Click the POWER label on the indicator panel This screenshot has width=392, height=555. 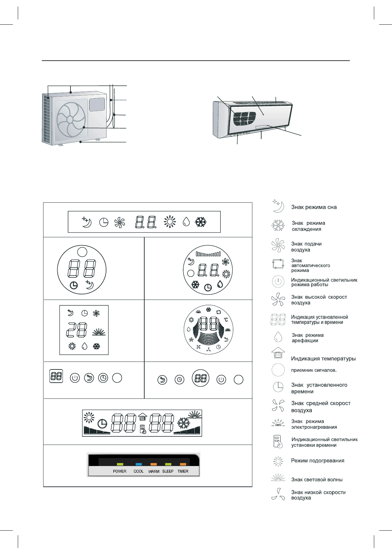(120, 471)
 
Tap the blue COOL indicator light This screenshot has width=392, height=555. (139, 464)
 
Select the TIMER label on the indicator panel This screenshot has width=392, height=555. (183, 471)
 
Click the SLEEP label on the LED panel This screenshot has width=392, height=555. (168, 471)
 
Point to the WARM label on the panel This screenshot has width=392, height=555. (154, 472)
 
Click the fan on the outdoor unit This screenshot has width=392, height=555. (71, 119)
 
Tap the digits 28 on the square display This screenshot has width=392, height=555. (77, 330)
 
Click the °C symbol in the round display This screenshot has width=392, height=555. (226, 320)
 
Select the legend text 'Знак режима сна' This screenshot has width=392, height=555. (314, 207)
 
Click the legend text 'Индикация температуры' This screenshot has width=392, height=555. (323, 359)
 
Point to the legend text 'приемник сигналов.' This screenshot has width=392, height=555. (314, 370)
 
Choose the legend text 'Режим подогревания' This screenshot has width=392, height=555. (318, 461)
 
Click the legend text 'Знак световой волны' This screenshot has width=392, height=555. (317, 480)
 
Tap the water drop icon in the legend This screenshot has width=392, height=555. (278, 337)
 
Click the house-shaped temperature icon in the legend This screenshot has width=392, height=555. (278, 353)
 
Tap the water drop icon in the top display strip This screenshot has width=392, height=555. (186, 222)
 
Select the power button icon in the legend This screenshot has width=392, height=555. (278, 282)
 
